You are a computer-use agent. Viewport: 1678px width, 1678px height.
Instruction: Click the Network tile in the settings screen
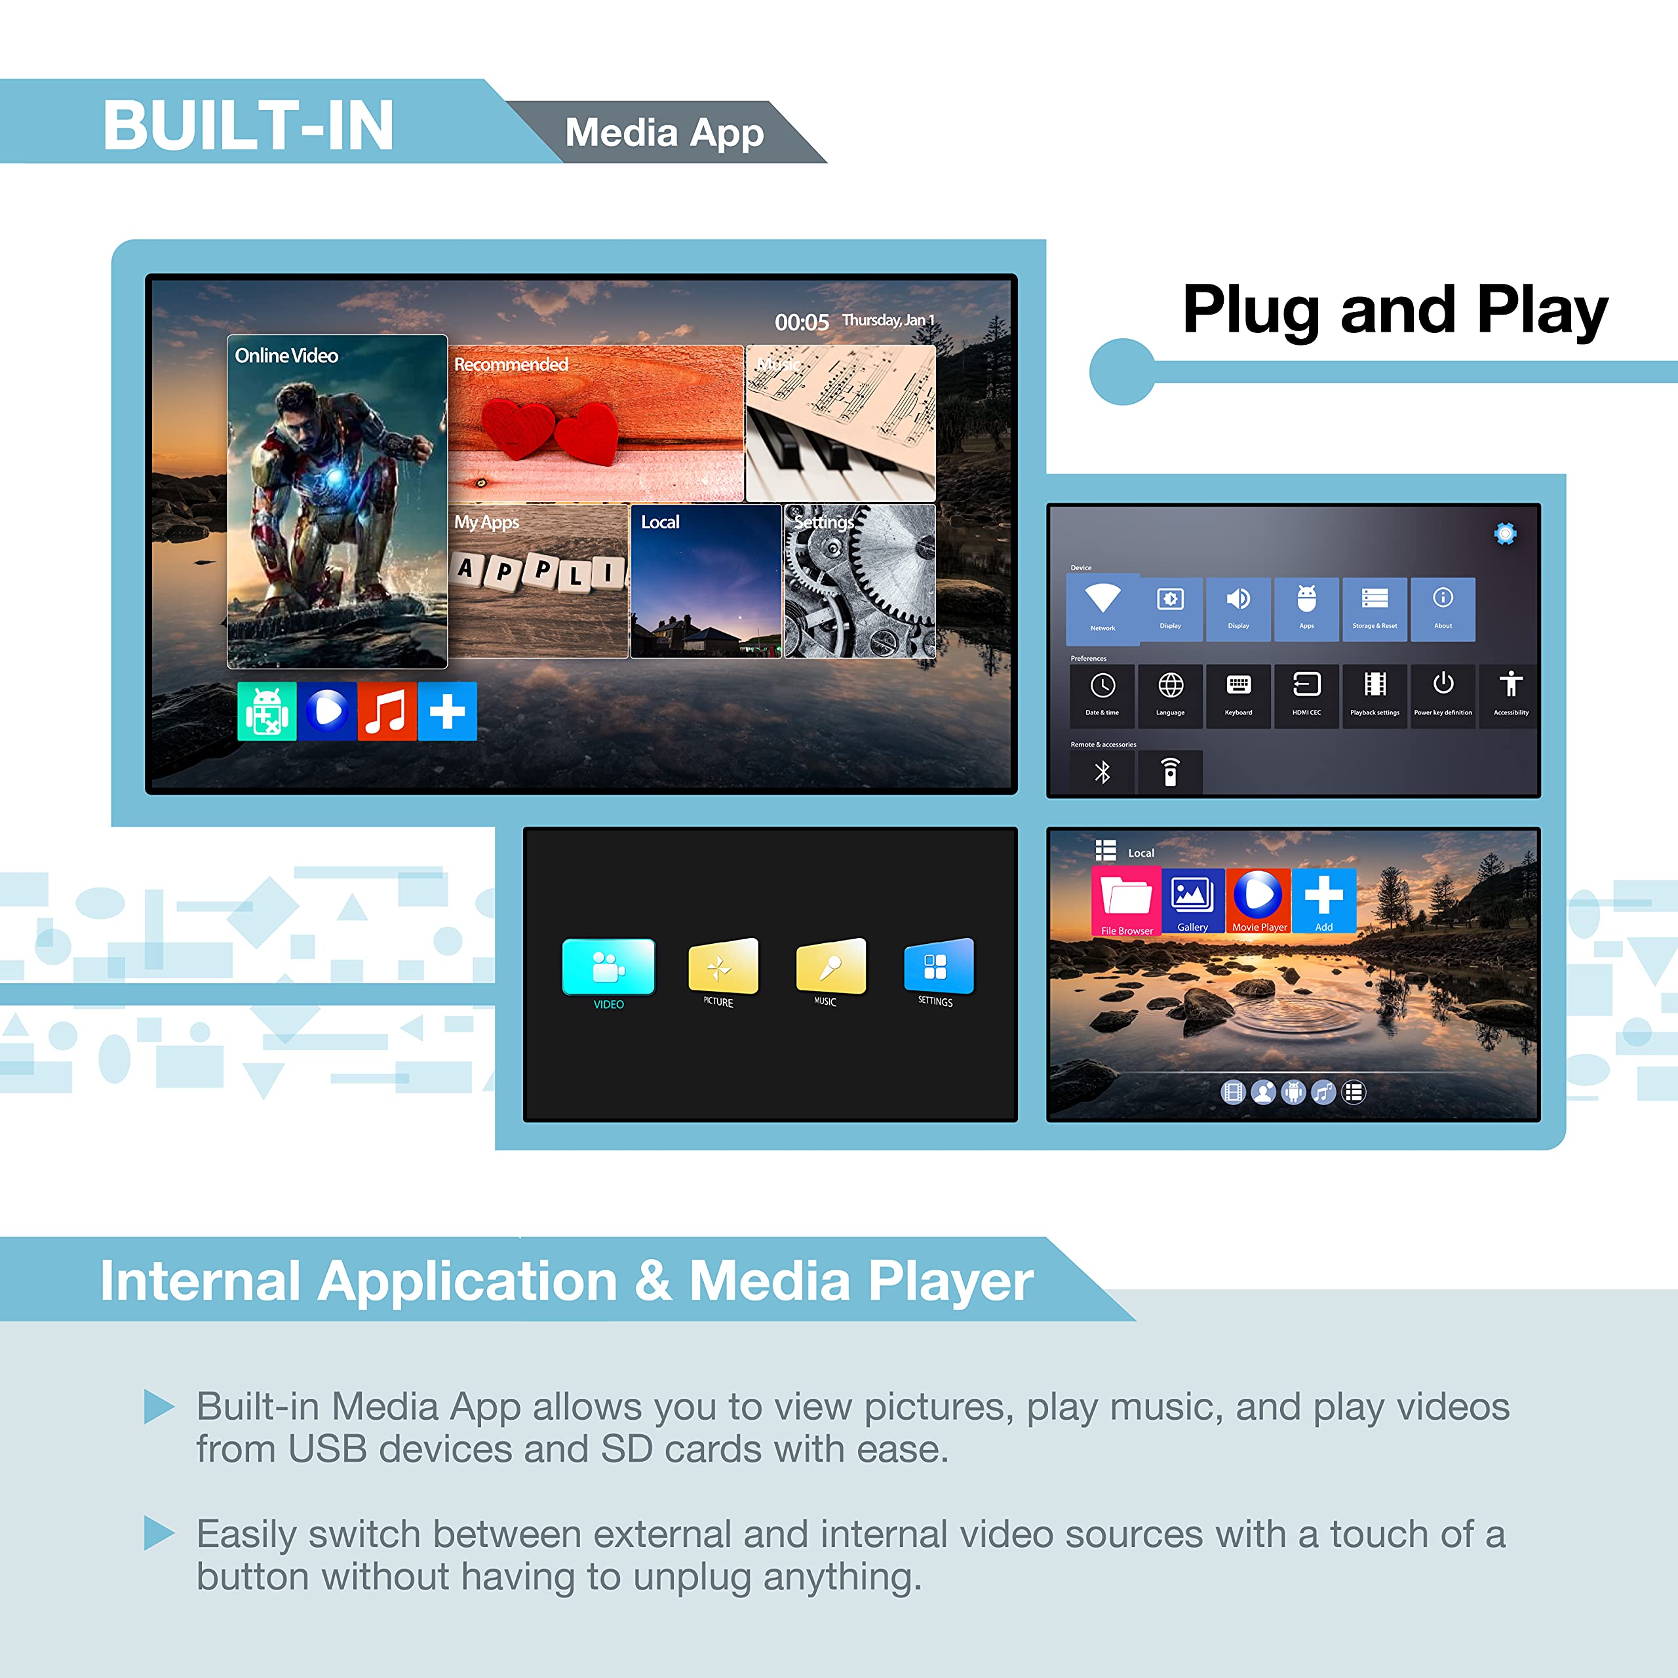(1102, 608)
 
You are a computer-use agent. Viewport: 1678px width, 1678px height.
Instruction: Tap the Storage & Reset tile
(1374, 609)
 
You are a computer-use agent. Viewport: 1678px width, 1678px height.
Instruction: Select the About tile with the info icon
(1443, 609)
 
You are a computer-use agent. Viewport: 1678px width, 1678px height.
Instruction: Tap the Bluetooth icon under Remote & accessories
(1102, 771)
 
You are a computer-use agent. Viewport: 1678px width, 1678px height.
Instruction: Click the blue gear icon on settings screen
(1505, 534)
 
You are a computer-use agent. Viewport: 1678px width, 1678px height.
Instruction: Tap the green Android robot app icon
(267, 711)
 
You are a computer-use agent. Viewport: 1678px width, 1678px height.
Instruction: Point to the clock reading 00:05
(801, 322)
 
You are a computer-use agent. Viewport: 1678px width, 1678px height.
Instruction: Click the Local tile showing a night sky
(705, 581)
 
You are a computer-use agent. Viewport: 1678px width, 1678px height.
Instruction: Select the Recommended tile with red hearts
(596, 423)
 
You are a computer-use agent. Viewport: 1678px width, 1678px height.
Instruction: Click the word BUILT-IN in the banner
(248, 125)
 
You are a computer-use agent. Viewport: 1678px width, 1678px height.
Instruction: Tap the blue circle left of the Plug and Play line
(1122, 372)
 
